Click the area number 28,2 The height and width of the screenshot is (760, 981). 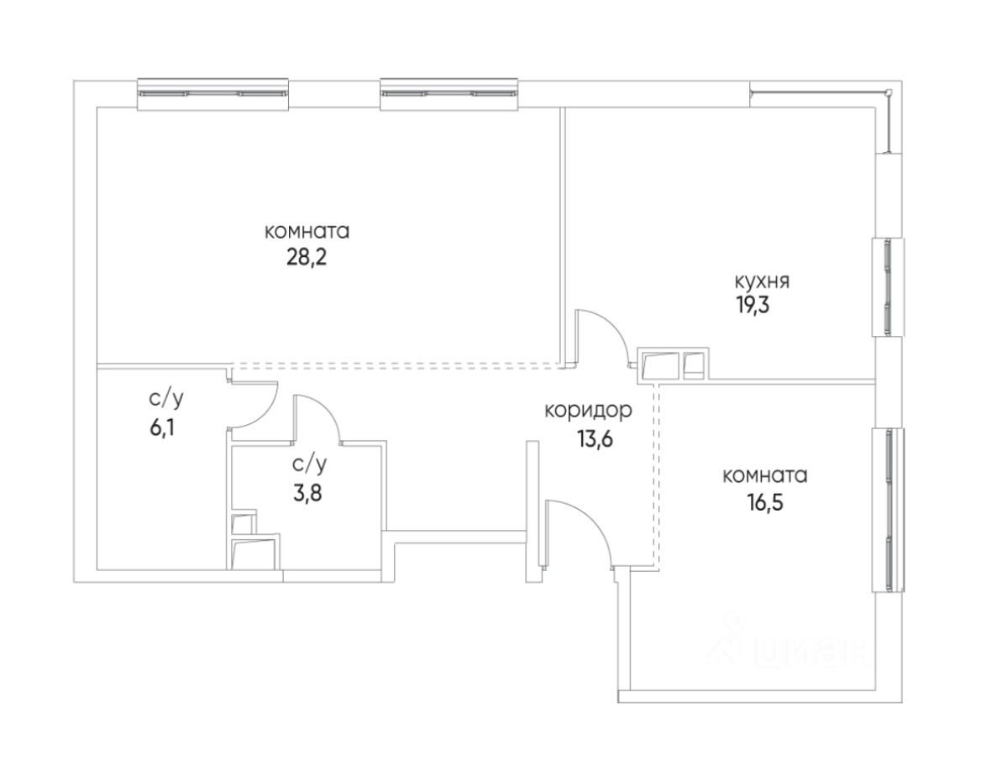coord(305,255)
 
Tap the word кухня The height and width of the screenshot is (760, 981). coord(762,281)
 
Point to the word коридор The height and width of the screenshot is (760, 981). coord(588,411)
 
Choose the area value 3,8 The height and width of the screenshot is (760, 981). coord(307,490)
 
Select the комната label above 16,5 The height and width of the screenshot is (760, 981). coord(764,476)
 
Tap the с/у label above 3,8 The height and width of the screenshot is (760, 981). coord(309,463)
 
